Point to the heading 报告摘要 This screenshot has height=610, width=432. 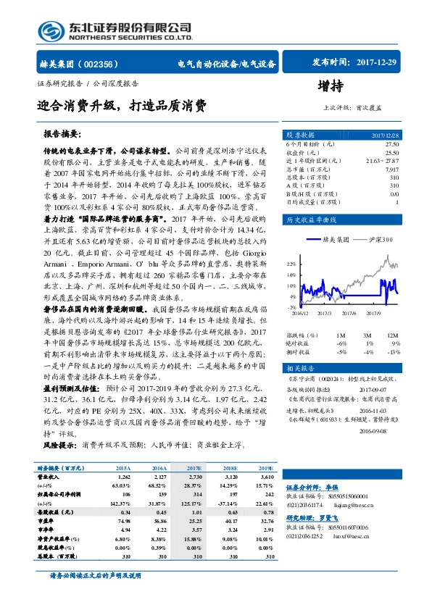coord(64,134)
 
